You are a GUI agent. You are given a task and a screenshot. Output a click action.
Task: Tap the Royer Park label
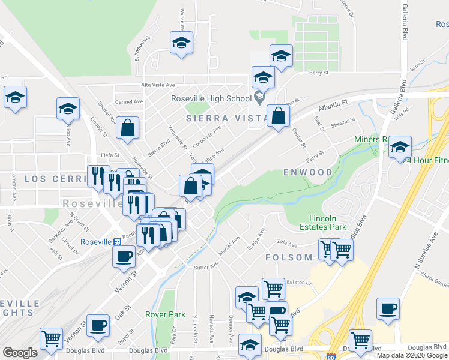click(x=165, y=314)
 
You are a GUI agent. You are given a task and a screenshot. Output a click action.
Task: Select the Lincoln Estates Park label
click(x=328, y=223)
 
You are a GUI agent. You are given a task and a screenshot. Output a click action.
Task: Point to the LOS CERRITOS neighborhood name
click(x=51, y=179)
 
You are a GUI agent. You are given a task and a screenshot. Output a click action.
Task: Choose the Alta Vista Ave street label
click(x=158, y=85)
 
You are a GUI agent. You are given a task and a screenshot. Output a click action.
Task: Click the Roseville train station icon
click(x=118, y=242)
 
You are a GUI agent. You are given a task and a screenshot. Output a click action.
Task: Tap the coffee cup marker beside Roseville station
click(x=124, y=256)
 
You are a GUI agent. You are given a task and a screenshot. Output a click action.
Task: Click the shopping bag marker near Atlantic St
click(x=278, y=116)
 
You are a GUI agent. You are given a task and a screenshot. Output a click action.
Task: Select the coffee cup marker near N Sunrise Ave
click(x=388, y=309)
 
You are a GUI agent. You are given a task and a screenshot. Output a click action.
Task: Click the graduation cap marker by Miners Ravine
click(x=400, y=147)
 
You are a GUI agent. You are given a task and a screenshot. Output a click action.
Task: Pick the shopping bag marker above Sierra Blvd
click(x=128, y=128)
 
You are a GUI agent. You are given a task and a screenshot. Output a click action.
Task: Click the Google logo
click(x=20, y=353)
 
